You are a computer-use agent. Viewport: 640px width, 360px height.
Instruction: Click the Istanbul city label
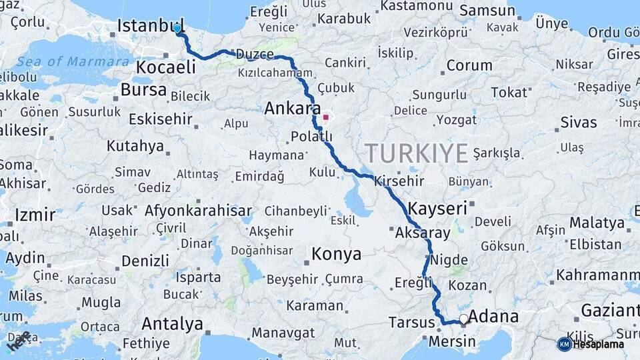click(x=150, y=26)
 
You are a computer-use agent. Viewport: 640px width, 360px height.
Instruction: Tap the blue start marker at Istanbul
click(x=177, y=28)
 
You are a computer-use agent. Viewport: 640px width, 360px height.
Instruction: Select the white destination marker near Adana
click(x=463, y=319)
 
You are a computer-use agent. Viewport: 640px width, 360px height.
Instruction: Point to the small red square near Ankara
click(x=325, y=117)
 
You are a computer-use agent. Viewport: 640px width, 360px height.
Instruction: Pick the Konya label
click(x=337, y=254)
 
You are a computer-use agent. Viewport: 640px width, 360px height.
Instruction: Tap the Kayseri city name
click(x=437, y=208)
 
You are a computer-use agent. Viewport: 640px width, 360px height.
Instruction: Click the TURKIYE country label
click(x=416, y=153)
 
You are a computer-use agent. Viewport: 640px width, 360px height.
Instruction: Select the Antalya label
click(x=172, y=324)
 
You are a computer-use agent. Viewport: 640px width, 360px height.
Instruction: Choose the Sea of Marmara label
click(x=73, y=62)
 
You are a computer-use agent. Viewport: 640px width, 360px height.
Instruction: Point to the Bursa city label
click(x=143, y=90)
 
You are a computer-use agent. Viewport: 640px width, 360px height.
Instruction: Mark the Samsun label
click(x=487, y=11)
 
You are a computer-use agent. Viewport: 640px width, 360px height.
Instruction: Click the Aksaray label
click(x=423, y=233)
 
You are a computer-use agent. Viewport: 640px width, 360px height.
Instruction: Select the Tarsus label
click(x=411, y=323)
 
